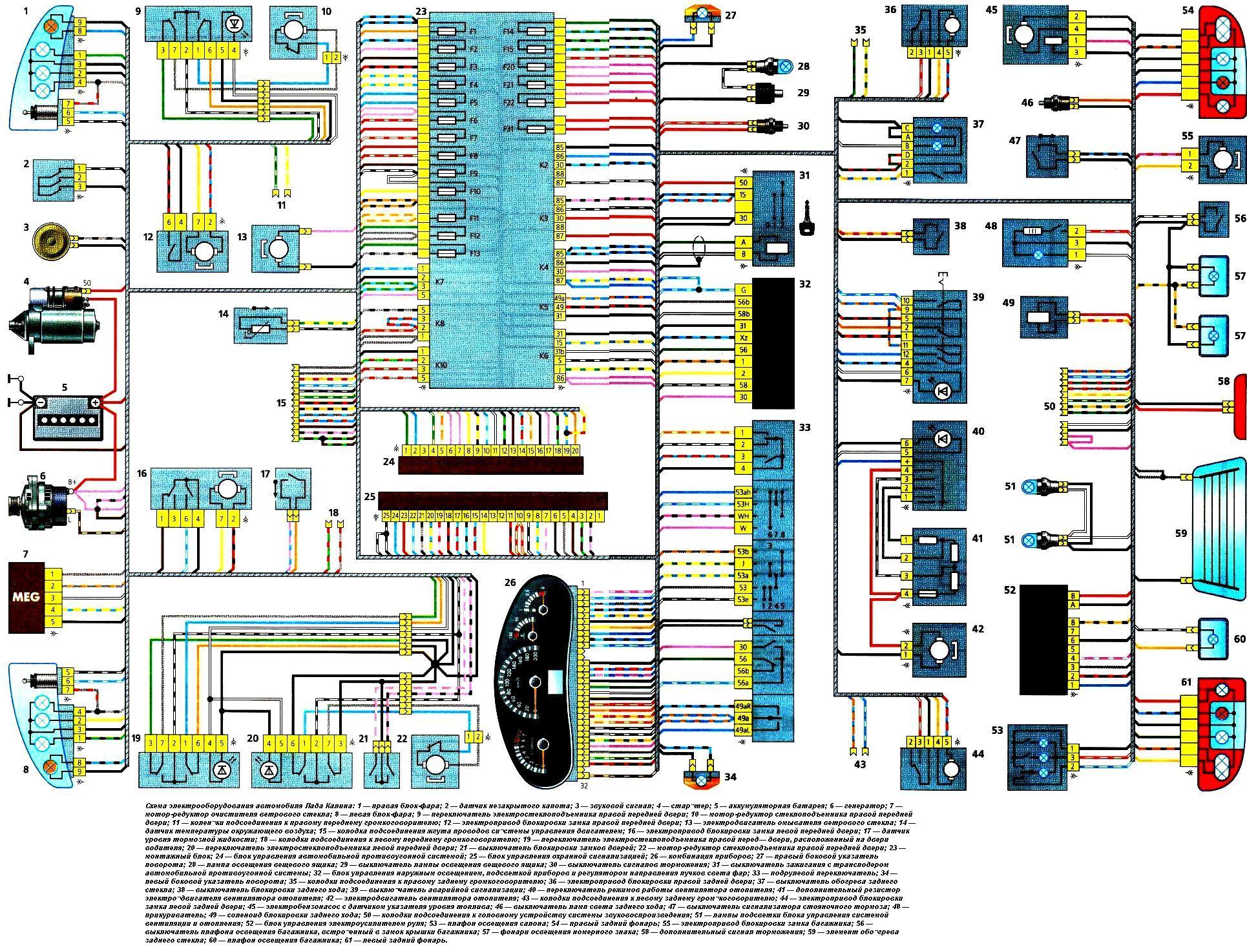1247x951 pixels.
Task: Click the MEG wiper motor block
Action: pyautogui.click(x=26, y=597)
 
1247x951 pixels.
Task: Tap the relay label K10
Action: pyautogui.click(x=441, y=365)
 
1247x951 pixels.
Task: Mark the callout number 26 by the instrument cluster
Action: pyautogui.click(x=510, y=583)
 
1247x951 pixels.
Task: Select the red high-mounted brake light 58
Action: pyautogui.click(x=1239, y=407)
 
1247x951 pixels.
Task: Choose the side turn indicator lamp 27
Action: pyautogui.click(x=702, y=12)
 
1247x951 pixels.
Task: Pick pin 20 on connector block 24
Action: pyautogui.click(x=575, y=450)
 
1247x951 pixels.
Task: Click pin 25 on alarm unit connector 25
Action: pyautogui.click(x=386, y=516)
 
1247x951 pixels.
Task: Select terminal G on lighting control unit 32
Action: pyautogui.click(x=743, y=290)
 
